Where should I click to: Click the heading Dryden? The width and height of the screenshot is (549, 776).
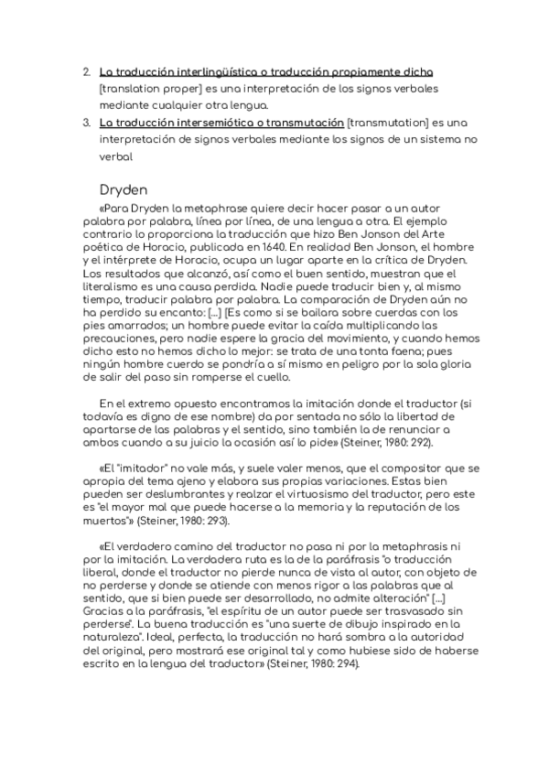coord(124,190)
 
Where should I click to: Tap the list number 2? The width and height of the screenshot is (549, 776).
coord(87,71)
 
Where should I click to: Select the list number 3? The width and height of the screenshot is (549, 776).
coord(87,122)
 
